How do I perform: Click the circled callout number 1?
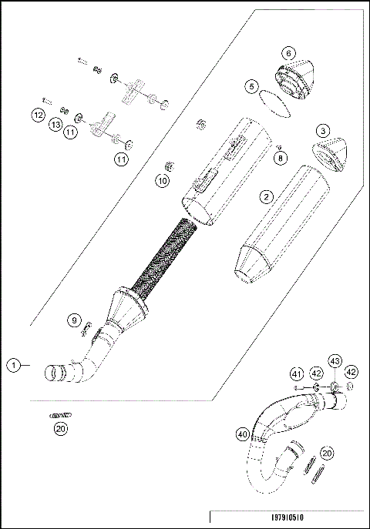(13, 366)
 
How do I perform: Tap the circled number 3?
(324, 131)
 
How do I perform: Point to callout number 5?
(252, 87)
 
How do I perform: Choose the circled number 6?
(288, 53)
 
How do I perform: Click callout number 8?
(280, 157)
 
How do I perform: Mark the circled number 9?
(73, 320)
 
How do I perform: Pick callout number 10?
(162, 181)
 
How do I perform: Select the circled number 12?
(37, 115)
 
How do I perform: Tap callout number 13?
(56, 125)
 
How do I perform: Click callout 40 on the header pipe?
(243, 435)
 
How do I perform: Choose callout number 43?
(335, 361)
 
